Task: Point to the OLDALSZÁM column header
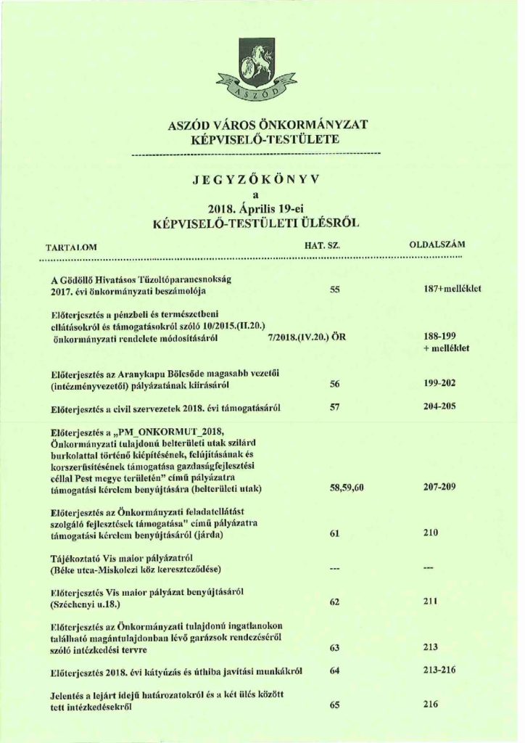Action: click(x=437, y=245)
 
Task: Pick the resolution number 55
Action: click(x=335, y=290)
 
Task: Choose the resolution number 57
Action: click(x=335, y=407)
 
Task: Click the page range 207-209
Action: click(x=439, y=487)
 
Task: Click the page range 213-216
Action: click(x=439, y=670)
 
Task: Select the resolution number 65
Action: click(x=335, y=704)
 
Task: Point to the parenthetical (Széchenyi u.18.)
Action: click(x=85, y=604)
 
